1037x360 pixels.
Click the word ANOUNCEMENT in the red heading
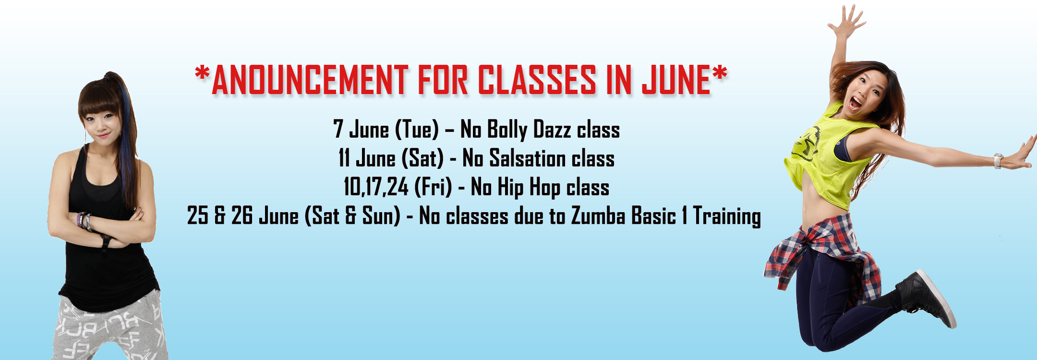(310, 80)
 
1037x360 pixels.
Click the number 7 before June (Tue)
(338, 129)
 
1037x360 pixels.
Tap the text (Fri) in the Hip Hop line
(433, 187)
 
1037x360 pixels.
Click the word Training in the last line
(727, 216)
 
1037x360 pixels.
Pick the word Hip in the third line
(510, 188)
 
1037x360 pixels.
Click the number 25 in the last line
(197, 216)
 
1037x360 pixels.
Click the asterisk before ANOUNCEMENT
(202, 74)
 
